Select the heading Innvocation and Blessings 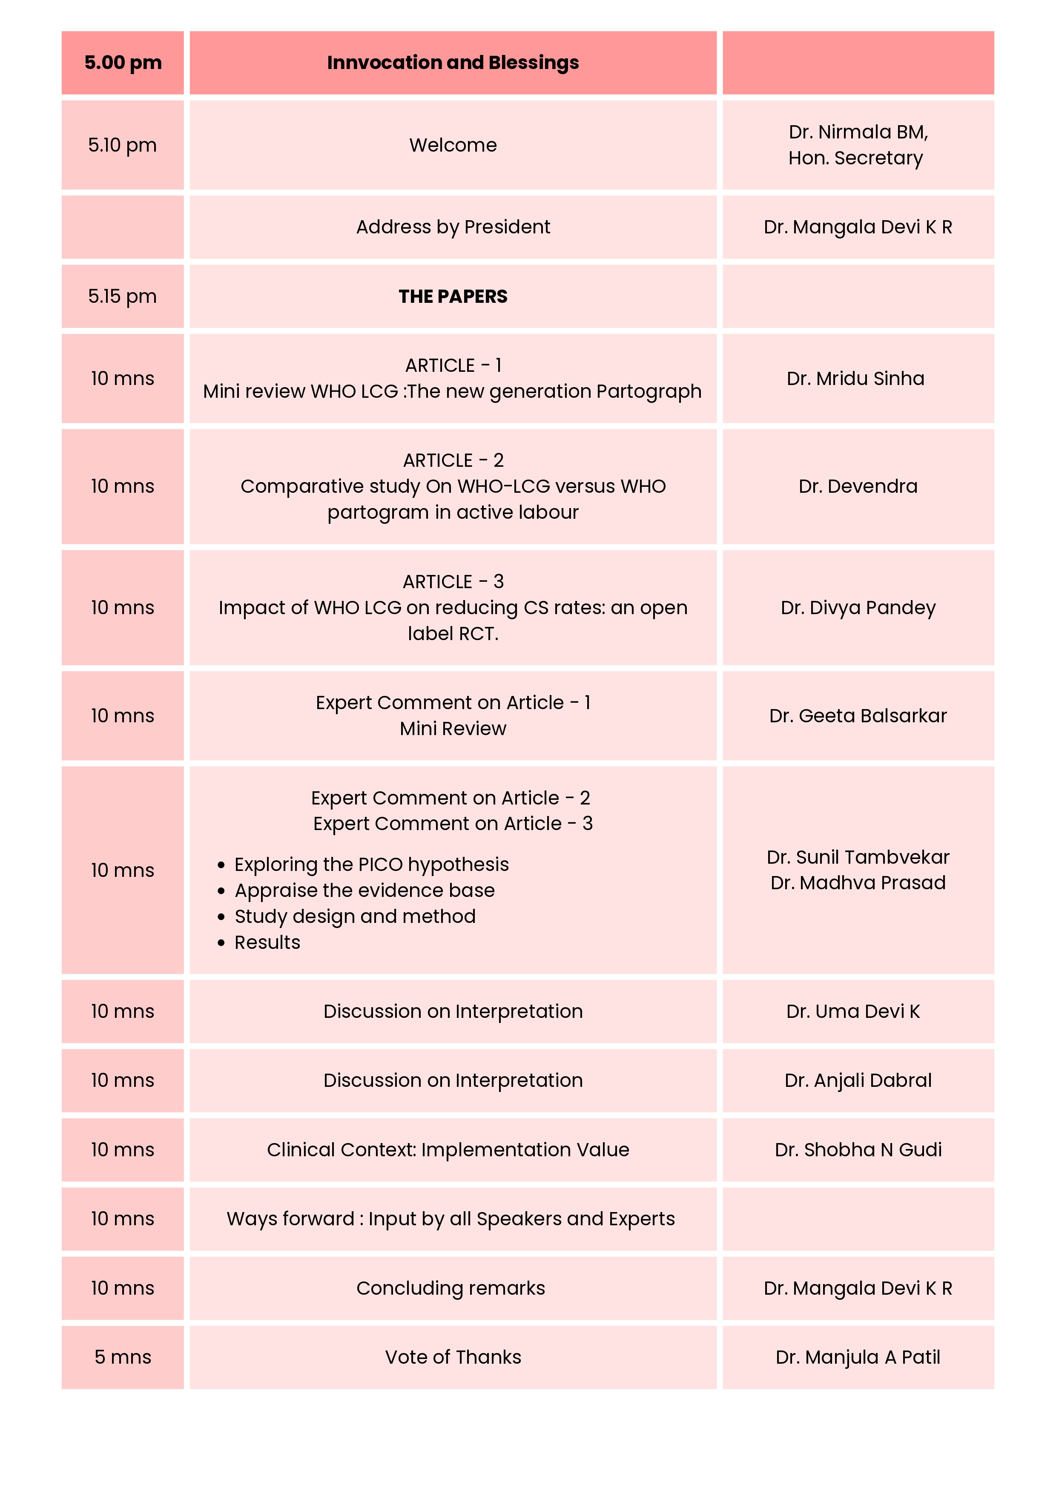point(453,63)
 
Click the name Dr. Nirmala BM point(858,132)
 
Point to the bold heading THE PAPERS point(453,297)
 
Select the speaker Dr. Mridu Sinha point(855,379)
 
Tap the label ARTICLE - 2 point(453,461)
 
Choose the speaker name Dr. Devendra point(858,487)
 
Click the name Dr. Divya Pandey point(858,608)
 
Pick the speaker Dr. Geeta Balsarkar point(858,716)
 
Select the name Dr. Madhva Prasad point(858,883)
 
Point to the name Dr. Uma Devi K point(853,1012)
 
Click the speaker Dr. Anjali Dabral point(858,1081)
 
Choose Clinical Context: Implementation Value point(448,1150)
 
